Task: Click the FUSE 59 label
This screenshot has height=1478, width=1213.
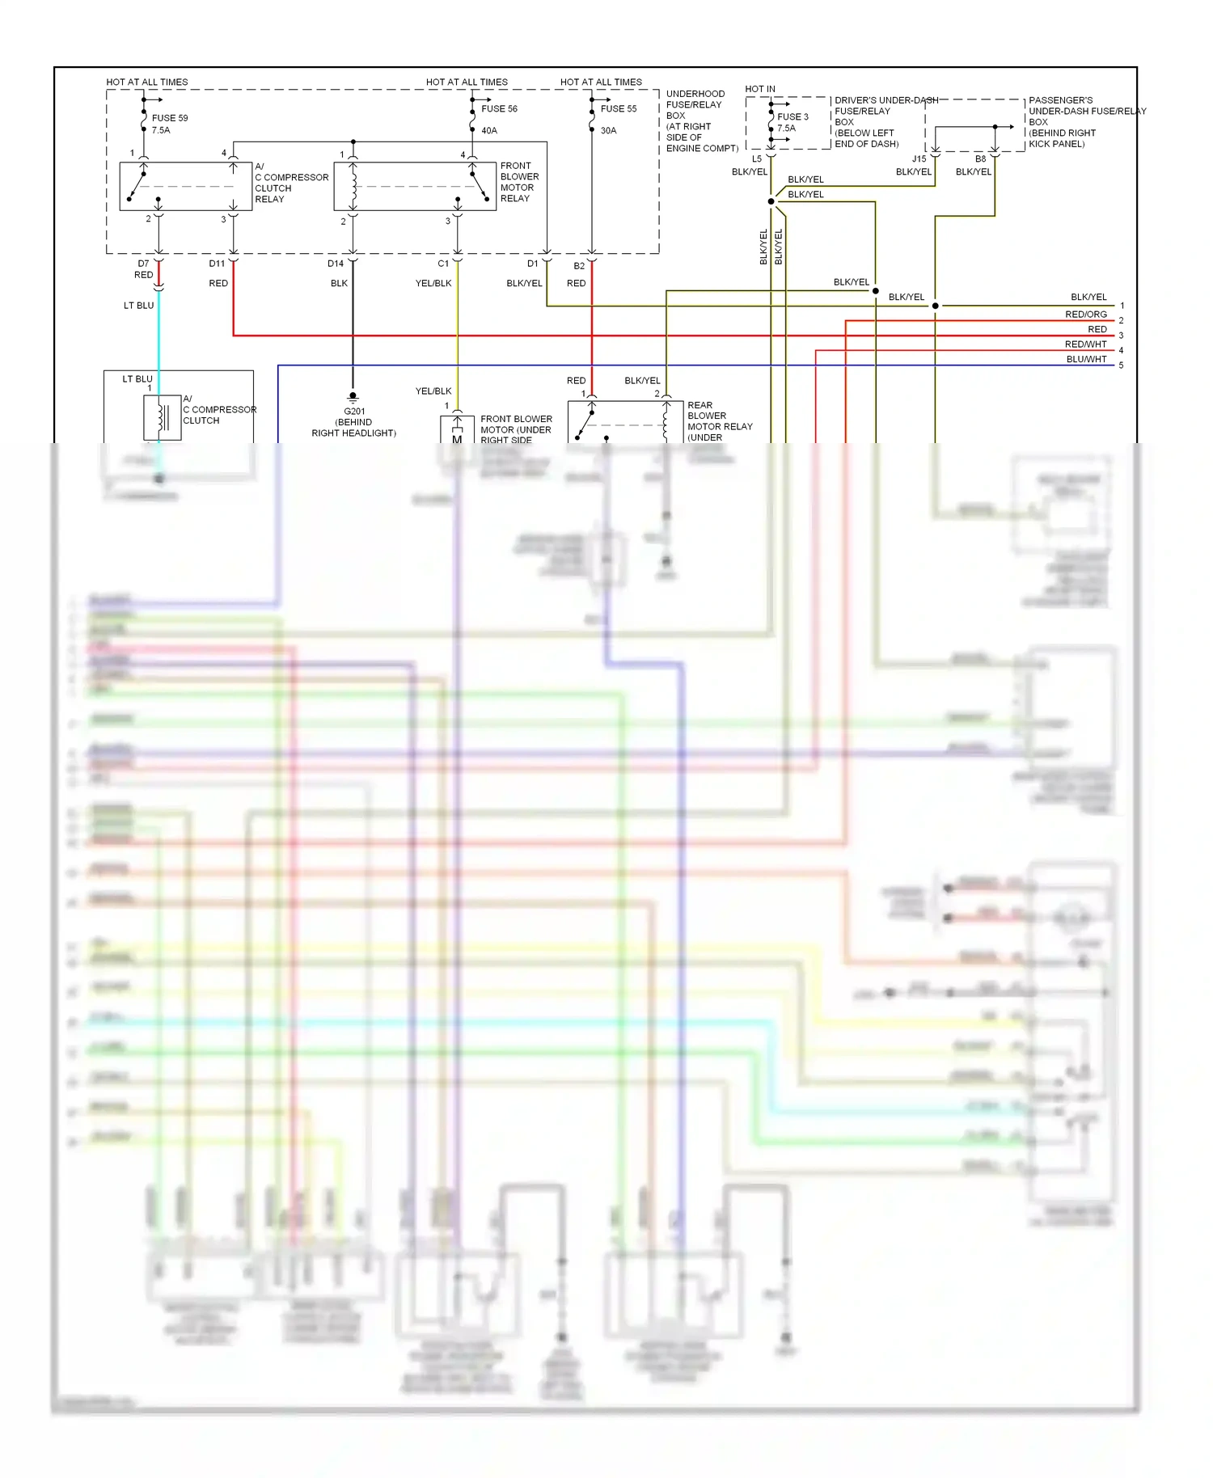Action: coord(170,118)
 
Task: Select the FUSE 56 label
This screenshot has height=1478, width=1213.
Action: coord(499,109)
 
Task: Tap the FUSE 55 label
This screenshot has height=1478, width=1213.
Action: coord(619,109)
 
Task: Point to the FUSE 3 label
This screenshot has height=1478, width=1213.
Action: coord(792,117)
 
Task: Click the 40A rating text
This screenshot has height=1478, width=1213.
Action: coord(489,131)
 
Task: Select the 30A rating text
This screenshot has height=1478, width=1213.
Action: coord(608,131)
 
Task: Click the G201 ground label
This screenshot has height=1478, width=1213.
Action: coord(354,412)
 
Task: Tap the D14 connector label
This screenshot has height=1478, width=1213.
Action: coord(336,264)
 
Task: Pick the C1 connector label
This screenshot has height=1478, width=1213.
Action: coord(443,264)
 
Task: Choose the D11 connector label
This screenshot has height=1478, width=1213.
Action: coord(217,264)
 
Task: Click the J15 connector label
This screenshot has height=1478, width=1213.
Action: coord(919,159)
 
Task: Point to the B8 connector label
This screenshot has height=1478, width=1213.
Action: coord(980,159)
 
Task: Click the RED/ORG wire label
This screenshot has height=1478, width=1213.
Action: coord(1085,315)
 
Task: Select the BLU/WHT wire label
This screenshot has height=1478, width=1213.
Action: coord(1086,360)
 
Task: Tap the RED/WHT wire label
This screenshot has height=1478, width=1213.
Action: coord(1085,344)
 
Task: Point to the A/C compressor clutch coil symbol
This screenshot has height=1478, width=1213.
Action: coord(163,417)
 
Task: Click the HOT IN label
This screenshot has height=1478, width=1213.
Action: coord(759,89)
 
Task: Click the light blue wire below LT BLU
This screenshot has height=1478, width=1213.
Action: coord(158,340)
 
